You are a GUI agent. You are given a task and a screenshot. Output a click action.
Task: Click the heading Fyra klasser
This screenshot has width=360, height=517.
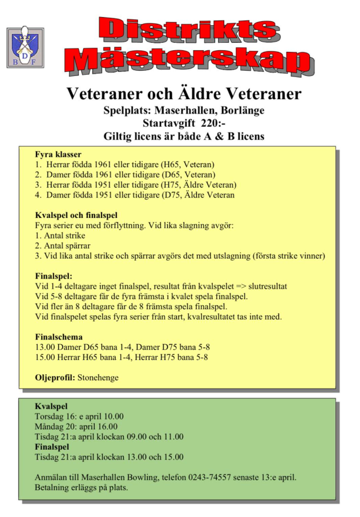(58, 155)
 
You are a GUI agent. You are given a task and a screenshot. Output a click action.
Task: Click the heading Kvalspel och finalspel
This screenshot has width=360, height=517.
(76, 216)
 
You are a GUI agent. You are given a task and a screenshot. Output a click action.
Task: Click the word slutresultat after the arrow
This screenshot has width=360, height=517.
(270, 286)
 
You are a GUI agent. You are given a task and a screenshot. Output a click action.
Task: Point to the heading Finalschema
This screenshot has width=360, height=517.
(59, 337)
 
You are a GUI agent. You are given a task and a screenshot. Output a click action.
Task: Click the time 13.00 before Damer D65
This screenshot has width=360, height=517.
(46, 348)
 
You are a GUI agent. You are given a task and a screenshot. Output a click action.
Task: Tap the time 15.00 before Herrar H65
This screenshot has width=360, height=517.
(46, 358)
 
